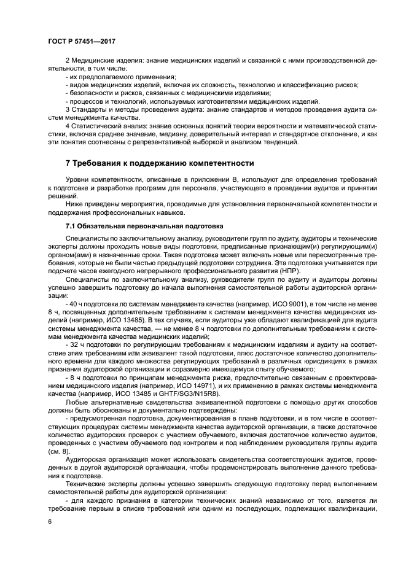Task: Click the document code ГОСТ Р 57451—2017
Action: (x=82, y=41)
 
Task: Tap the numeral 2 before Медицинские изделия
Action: (x=67, y=61)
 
